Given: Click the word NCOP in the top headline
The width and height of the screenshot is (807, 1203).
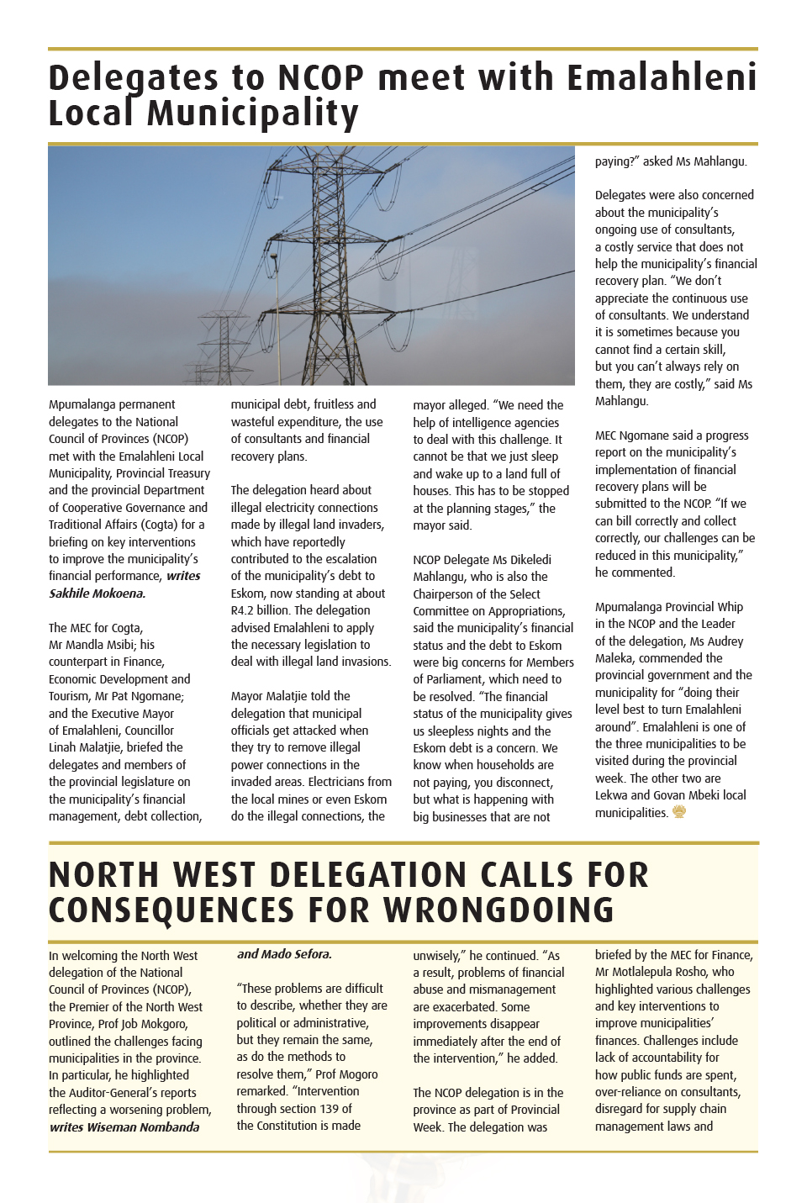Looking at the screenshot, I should coord(320,78).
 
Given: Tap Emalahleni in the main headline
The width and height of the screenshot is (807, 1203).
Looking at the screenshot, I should coord(662,78).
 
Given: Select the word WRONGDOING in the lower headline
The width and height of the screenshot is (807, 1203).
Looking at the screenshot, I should coord(498,910).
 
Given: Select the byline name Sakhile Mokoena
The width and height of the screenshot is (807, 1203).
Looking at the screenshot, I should coord(97,594).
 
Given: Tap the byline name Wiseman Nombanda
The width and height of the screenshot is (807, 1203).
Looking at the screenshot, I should coord(144,1126).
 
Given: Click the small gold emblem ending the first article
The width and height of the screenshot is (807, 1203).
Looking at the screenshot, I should coord(679,812).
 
